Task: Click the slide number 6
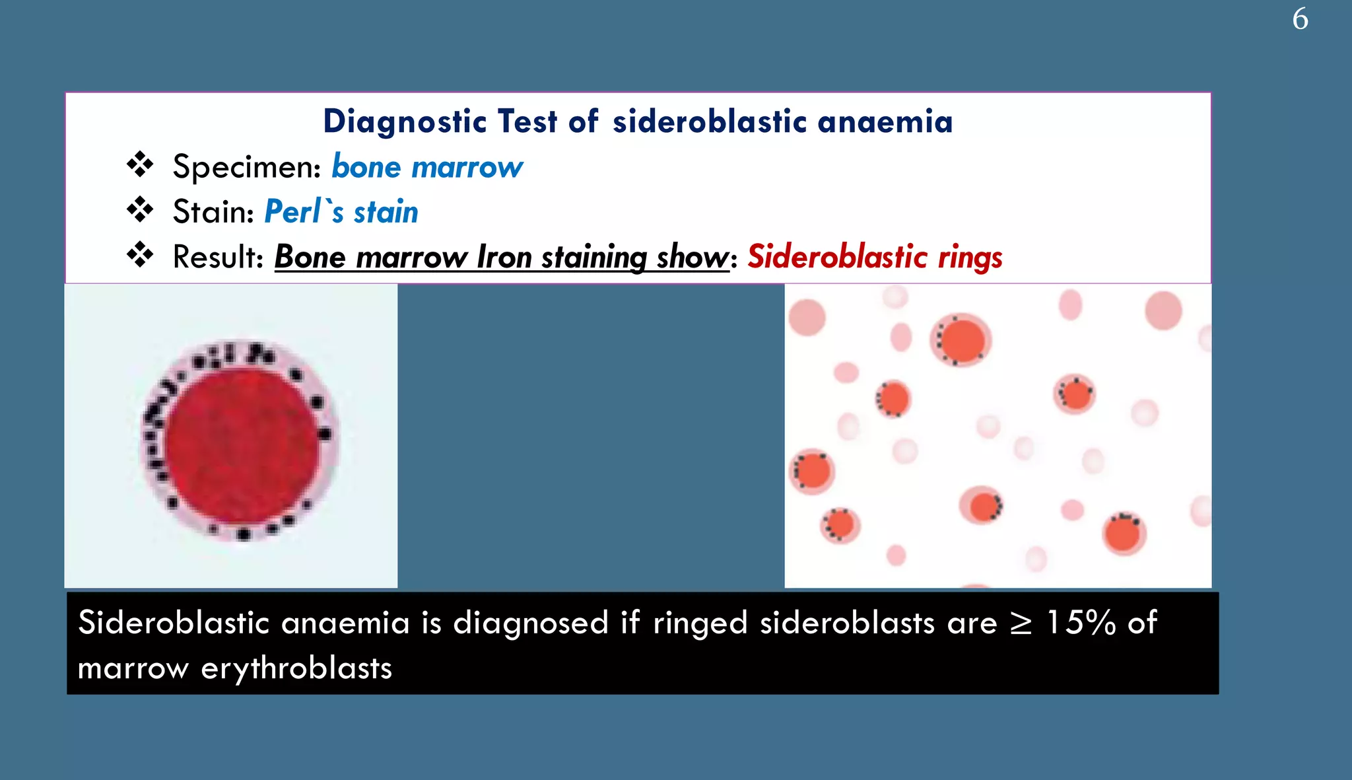[1300, 19]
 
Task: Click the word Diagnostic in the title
[405, 122]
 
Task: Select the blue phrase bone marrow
[426, 167]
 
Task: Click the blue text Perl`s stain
[341, 212]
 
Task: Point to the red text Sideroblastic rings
[874, 257]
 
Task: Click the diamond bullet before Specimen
[140, 164]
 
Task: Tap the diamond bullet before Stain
[140, 209]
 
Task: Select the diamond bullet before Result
[140, 254]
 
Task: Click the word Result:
[218, 257]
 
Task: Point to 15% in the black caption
[1081, 623]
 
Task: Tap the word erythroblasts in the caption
[296, 668]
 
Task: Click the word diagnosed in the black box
[530, 623]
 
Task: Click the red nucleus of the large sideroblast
[242, 446]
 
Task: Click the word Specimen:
[246, 167]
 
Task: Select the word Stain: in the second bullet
[213, 212]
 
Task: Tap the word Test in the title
[527, 122]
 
